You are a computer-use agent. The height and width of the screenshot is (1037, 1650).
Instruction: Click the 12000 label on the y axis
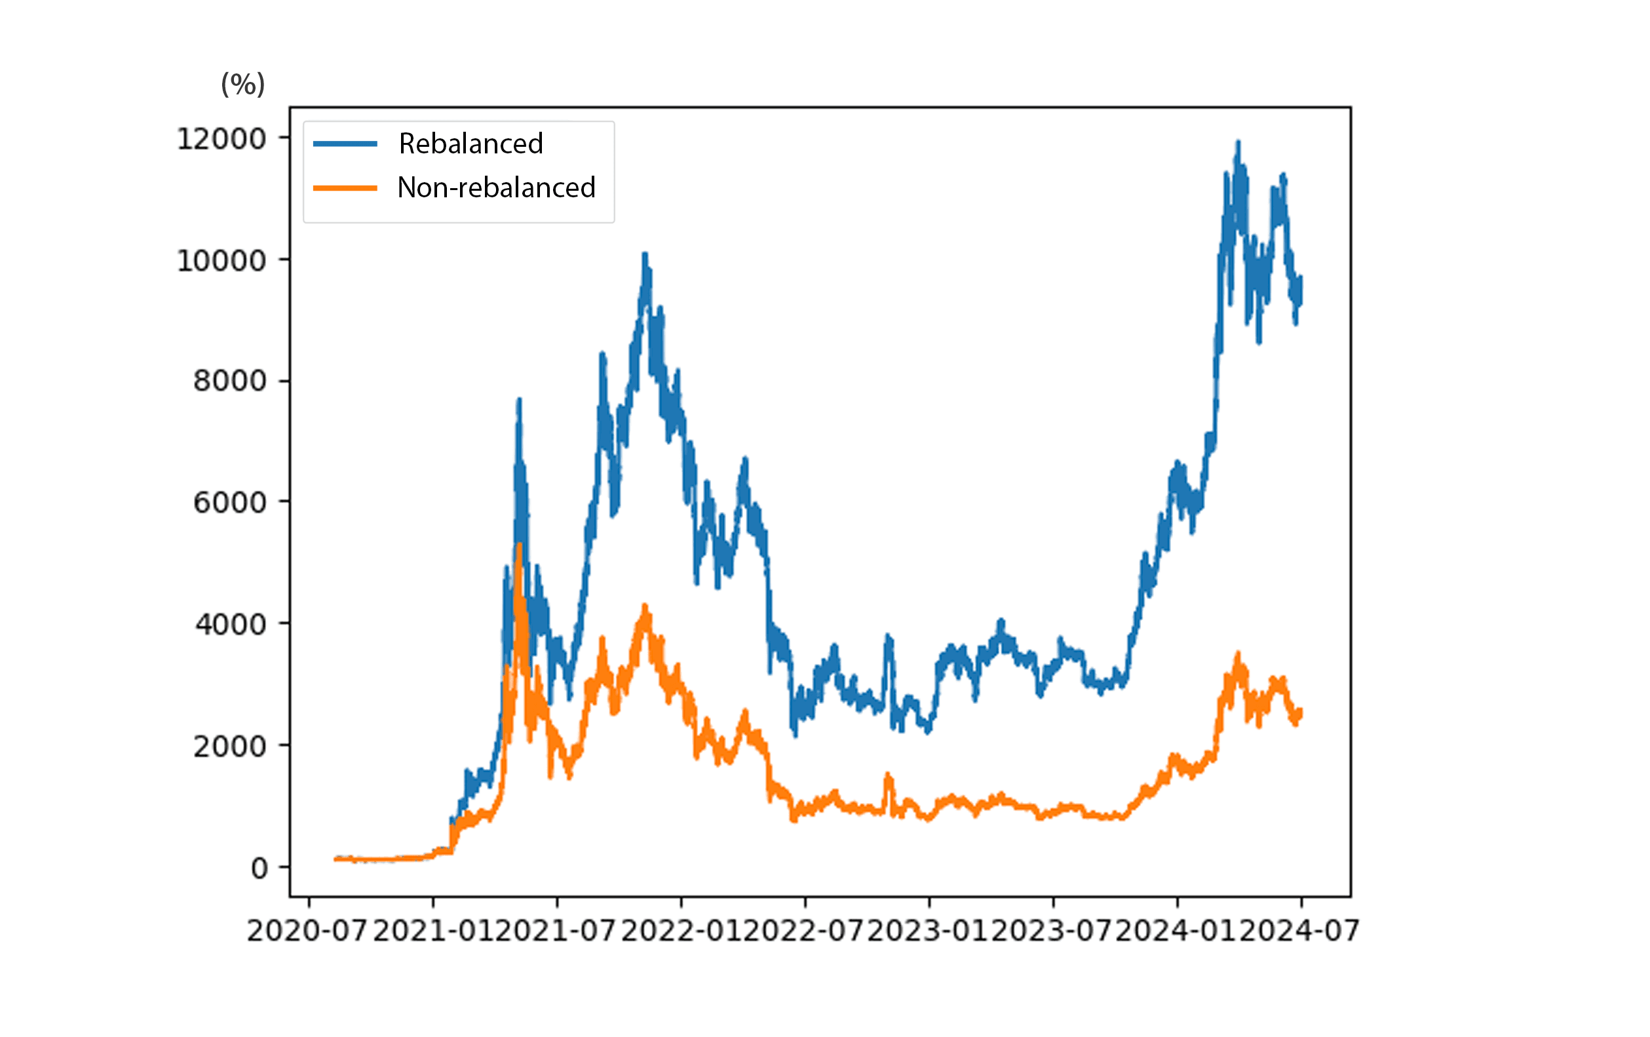click(221, 139)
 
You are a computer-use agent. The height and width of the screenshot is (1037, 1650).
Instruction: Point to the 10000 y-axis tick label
click(221, 261)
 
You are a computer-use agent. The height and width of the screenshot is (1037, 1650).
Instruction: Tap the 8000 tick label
click(229, 381)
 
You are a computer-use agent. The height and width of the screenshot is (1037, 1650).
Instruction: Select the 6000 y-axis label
click(229, 503)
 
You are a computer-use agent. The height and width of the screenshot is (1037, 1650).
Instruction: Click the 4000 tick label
click(230, 625)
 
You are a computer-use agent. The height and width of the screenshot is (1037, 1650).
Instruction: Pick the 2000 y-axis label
click(229, 747)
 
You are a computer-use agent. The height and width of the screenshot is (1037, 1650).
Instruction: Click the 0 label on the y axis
click(259, 869)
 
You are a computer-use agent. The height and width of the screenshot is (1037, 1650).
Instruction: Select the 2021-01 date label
click(433, 931)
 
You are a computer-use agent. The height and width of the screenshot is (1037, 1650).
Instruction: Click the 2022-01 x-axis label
click(681, 931)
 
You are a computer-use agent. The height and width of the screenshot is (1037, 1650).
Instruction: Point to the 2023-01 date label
click(929, 931)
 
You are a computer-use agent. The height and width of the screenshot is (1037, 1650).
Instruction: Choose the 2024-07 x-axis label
click(1300, 931)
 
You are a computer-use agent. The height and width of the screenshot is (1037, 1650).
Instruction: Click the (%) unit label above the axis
click(242, 85)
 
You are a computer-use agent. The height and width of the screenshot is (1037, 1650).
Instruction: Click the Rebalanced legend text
click(470, 144)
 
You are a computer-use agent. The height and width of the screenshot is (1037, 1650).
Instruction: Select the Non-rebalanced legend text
click(496, 187)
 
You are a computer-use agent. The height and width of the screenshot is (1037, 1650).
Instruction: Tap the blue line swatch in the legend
click(345, 144)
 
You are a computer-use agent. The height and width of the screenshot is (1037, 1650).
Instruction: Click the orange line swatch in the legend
click(345, 187)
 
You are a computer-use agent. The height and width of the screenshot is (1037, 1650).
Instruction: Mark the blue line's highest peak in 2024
click(1237, 142)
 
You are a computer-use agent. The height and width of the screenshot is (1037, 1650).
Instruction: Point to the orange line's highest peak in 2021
click(520, 545)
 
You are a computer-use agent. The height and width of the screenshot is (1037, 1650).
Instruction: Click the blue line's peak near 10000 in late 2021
click(645, 254)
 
